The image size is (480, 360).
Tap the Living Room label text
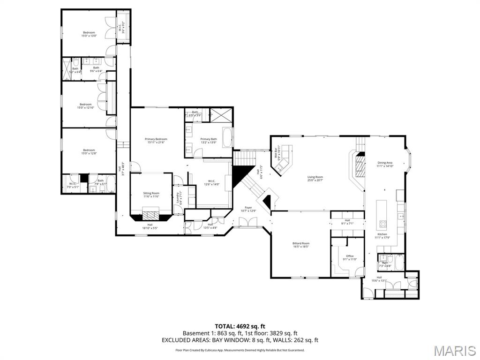click(315, 179)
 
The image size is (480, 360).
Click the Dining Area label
click(385, 164)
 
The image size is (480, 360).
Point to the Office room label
click(350, 257)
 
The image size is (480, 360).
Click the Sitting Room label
click(151, 195)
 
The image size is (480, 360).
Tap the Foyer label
click(248, 209)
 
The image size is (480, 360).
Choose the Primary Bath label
click(209, 141)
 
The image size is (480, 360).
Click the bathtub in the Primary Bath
click(226, 137)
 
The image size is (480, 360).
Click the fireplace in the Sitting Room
click(151, 215)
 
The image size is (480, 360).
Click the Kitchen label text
click(382, 235)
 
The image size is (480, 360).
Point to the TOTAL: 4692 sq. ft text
click(240, 326)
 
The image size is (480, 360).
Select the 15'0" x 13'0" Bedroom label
click(89, 34)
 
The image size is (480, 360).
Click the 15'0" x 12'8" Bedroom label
click(89, 151)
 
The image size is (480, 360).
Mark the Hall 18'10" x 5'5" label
click(150, 226)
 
